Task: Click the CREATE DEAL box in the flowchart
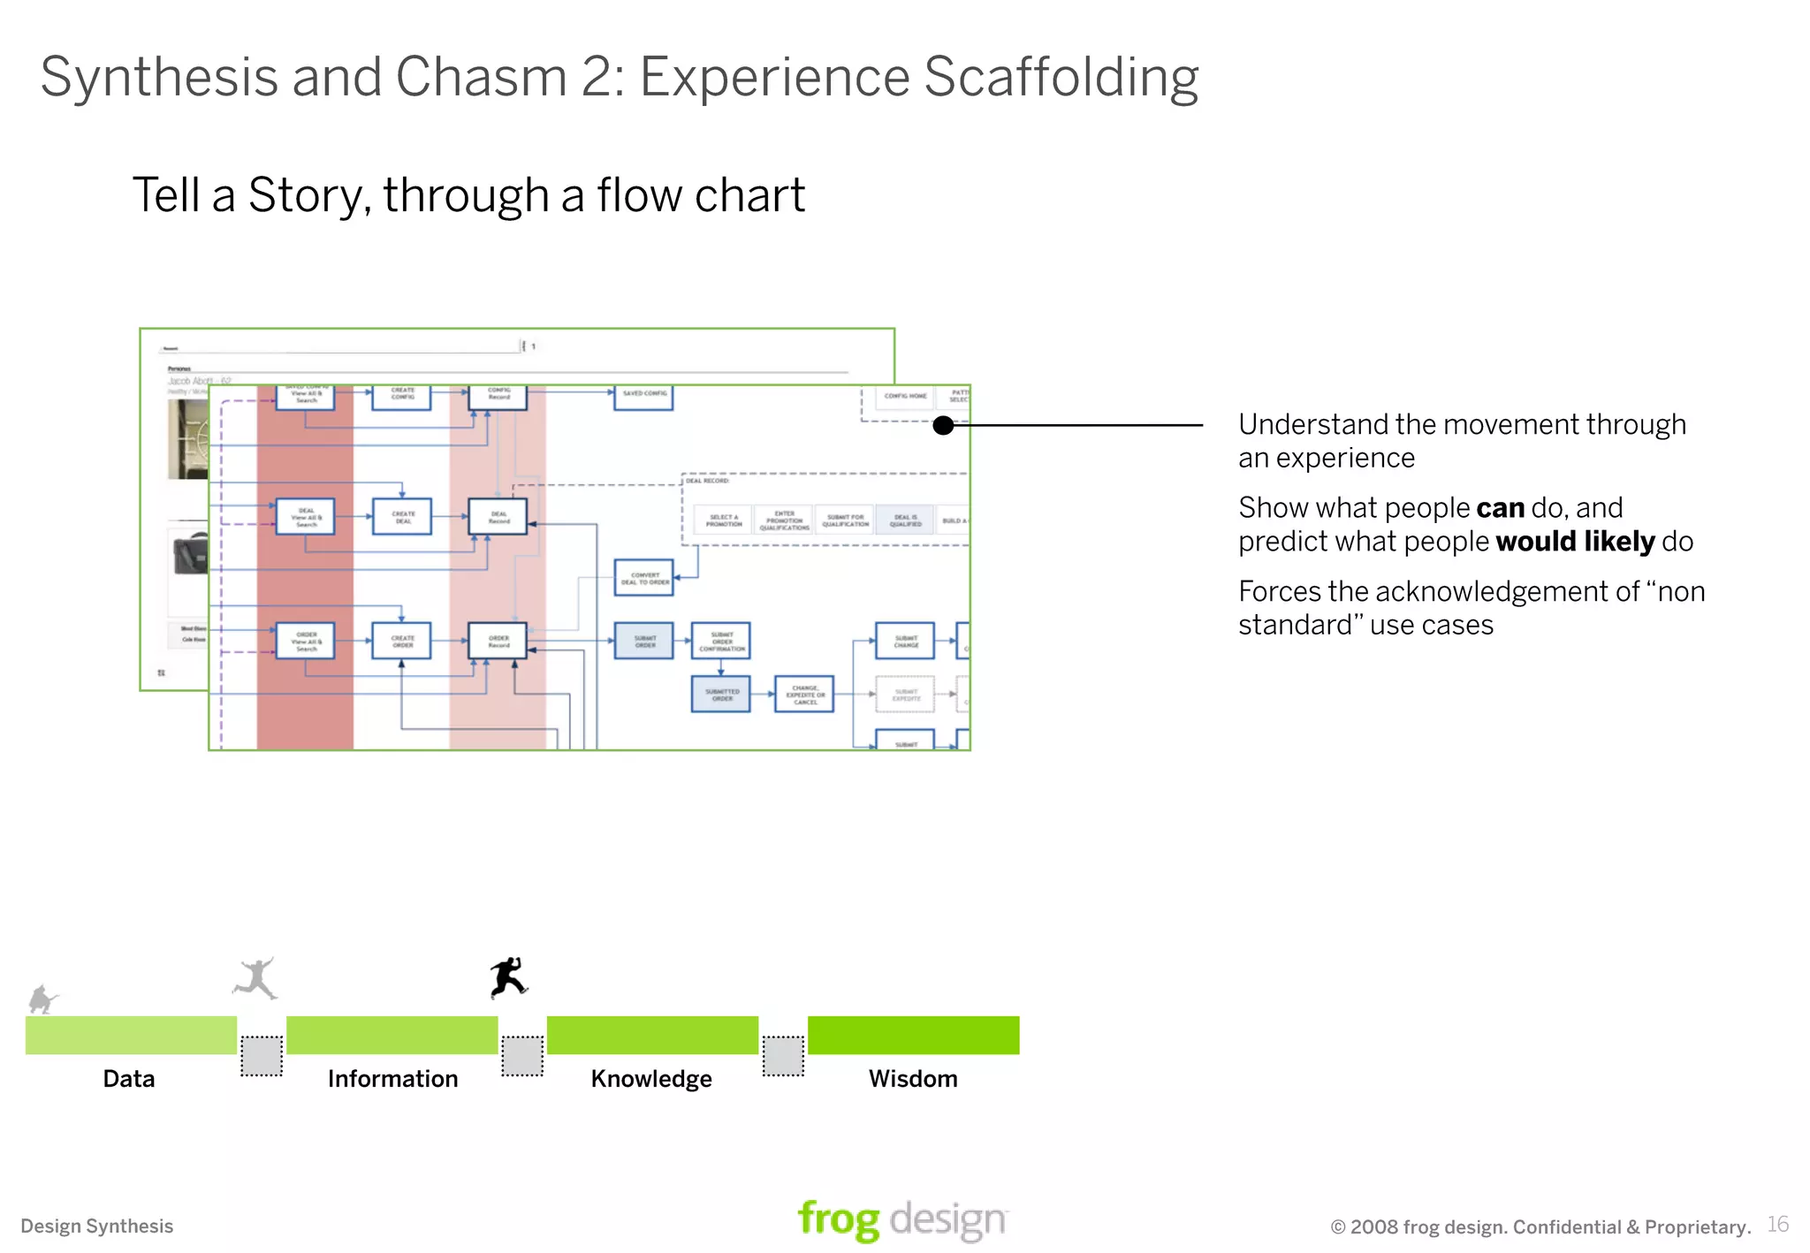[402, 517]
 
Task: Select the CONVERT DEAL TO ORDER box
[644, 578]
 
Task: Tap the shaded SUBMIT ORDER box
[644, 641]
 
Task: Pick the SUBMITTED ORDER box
[721, 695]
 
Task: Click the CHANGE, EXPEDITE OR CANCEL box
[804, 695]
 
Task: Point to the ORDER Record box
[498, 641]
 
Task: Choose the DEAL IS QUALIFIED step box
[905, 520]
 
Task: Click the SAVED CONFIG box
[643, 395]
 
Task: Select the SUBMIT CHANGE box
[905, 641]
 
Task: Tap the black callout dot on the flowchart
[944, 425]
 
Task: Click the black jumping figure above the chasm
[509, 977]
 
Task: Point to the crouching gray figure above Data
[42, 999]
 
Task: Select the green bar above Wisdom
[913, 1035]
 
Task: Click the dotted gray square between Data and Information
[262, 1056]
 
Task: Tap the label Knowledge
[651, 1079]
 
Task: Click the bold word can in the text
[1500, 508]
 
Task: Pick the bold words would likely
[1575, 541]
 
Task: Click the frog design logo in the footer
[901, 1220]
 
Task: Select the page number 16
[1777, 1224]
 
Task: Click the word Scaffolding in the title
[1061, 78]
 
